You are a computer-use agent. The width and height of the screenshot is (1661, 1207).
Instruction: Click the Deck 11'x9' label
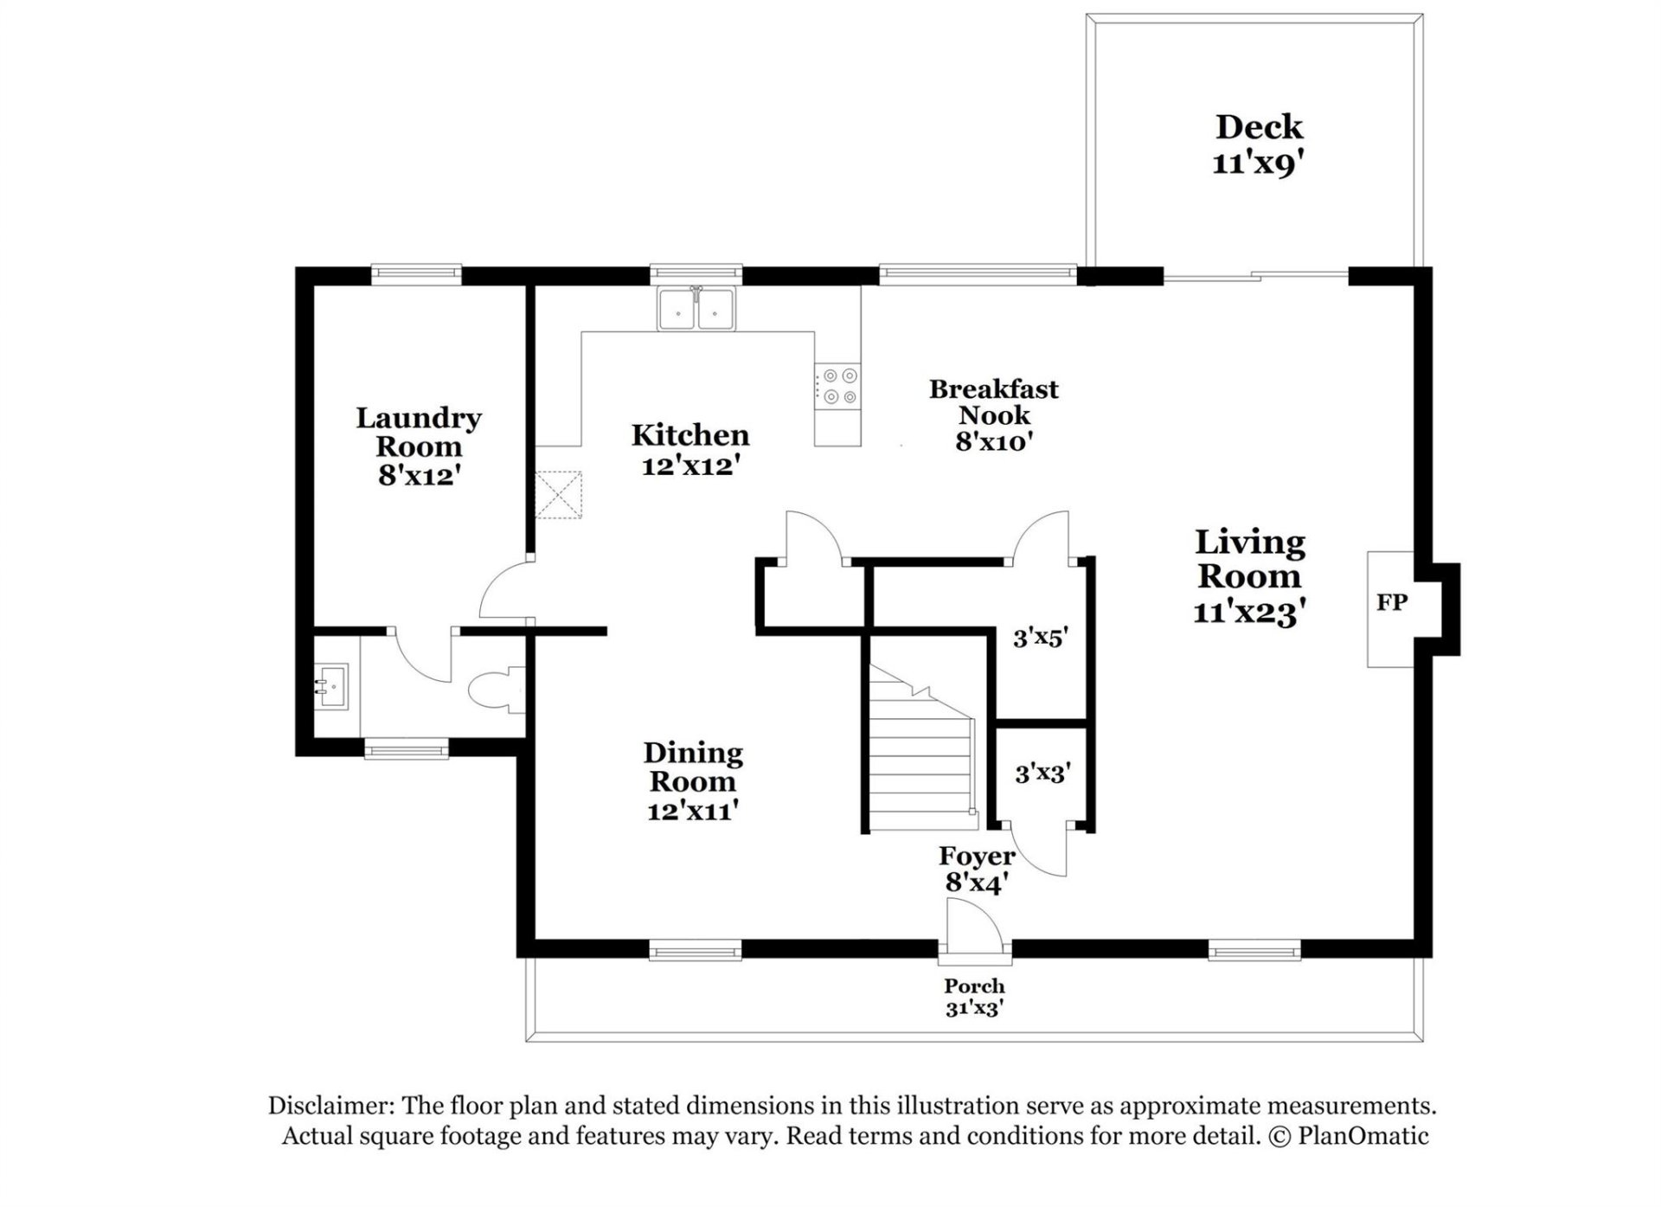pyautogui.click(x=1258, y=144)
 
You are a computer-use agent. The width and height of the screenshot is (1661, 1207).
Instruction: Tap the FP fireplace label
pyautogui.click(x=1391, y=601)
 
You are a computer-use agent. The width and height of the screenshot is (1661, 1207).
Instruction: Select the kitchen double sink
pyautogui.click(x=696, y=309)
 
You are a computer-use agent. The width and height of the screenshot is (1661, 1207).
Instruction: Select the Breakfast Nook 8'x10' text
pyautogui.click(x=994, y=414)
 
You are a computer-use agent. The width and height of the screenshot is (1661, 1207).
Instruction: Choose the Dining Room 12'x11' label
pyautogui.click(x=693, y=780)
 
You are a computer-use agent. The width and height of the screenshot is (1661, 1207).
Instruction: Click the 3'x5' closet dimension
pyautogui.click(x=1041, y=639)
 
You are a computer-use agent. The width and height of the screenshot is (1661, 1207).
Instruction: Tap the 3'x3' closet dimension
pyautogui.click(x=1043, y=772)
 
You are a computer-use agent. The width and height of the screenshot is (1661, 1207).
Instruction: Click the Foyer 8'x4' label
pyautogui.click(x=977, y=869)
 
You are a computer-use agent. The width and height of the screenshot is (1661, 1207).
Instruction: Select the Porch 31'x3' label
pyautogui.click(x=974, y=997)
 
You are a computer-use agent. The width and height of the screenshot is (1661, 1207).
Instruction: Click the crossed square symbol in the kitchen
pyautogui.click(x=558, y=495)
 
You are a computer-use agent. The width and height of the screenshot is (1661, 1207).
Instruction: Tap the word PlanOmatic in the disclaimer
pyautogui.click(x=1363, y=1135)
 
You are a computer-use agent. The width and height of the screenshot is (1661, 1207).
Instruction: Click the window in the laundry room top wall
pyautogui.click(x=416, y=273)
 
